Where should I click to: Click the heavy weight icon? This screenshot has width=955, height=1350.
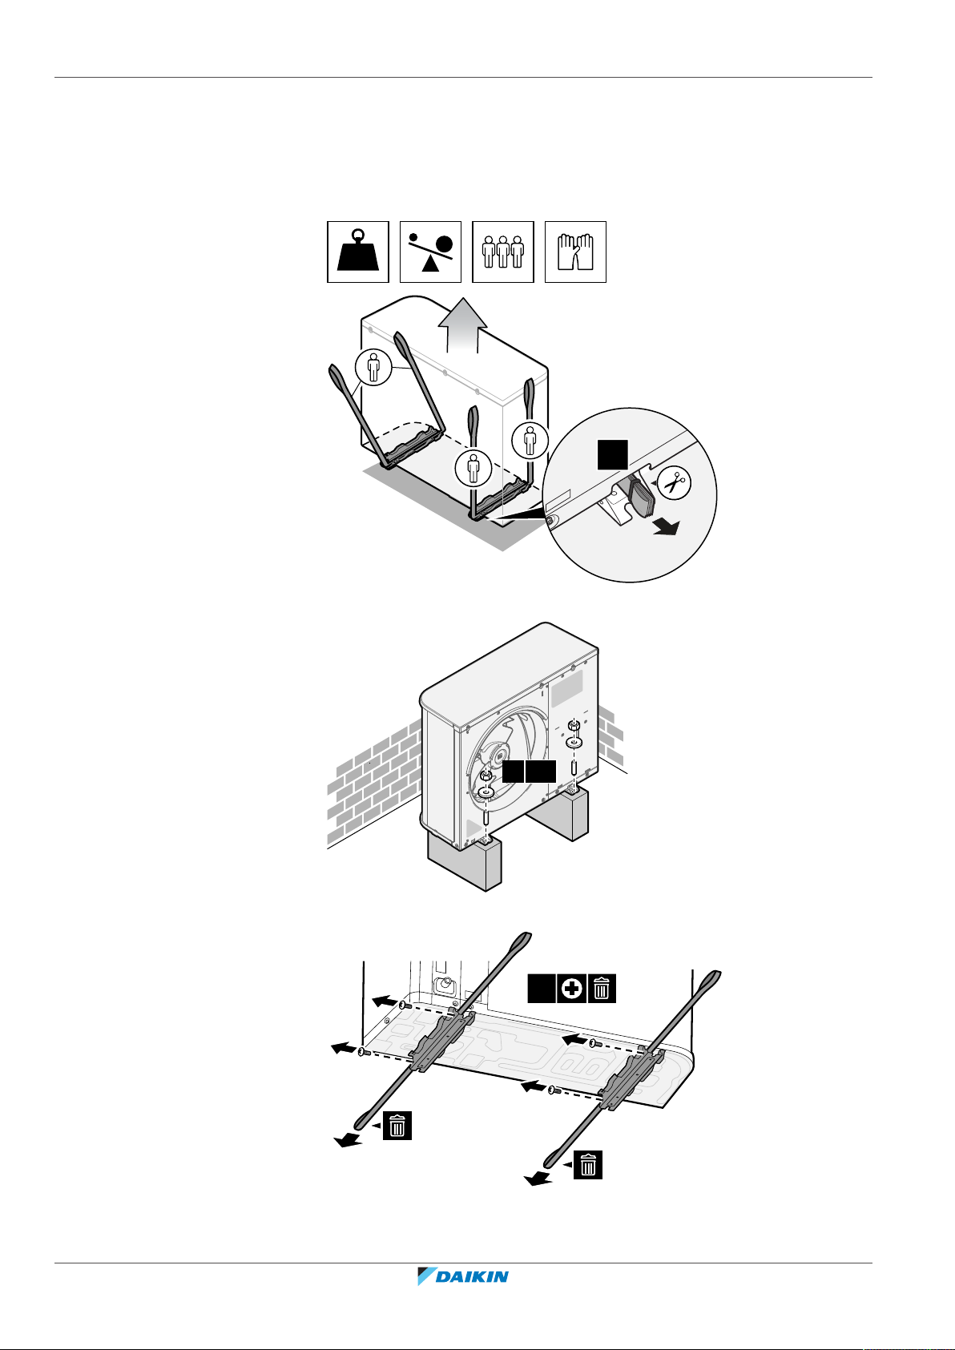[358, 252]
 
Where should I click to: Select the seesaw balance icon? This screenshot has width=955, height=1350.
[430, 252]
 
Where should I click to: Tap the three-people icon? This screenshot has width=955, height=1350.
[503, 252]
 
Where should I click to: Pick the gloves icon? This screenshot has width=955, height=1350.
[575, 252]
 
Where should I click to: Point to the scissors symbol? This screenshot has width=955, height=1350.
[675, 484]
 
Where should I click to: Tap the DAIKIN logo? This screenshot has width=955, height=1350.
[463, 1276]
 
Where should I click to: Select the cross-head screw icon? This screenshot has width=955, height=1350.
[571, 989]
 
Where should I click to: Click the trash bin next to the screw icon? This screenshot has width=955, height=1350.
[602, 989]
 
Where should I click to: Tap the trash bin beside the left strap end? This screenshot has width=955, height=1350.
[397, 1126]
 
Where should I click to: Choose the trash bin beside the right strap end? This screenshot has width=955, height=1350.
[588, 1164]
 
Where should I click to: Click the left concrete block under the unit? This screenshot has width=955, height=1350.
[465, 861]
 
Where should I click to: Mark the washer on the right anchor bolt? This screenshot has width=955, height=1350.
[574, 743]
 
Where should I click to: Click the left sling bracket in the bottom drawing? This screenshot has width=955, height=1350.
[443, 1039]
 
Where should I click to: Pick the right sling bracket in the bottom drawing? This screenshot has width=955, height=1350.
[633, 1078]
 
